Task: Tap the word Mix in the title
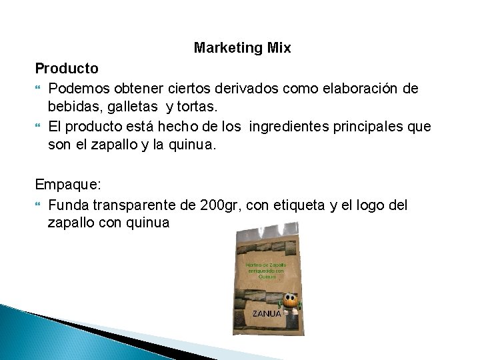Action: tap(278, 49)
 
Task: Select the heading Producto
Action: tap(67, 68)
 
